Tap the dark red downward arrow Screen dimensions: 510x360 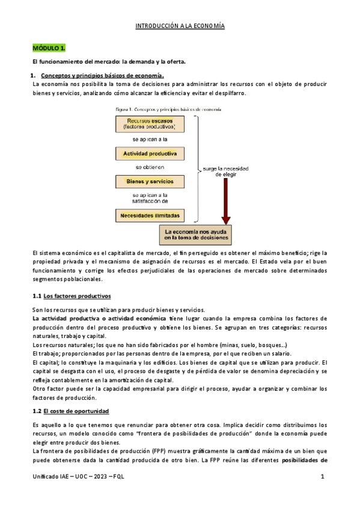(225, 204)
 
